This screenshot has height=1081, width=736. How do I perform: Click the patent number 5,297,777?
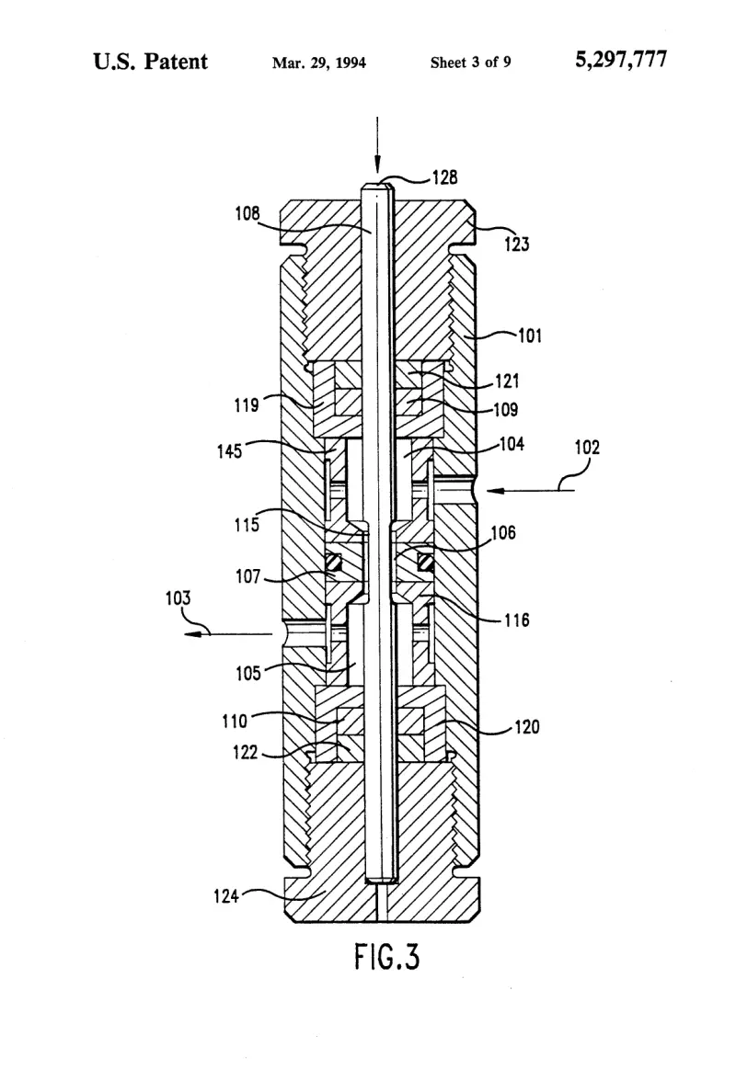[621, 60]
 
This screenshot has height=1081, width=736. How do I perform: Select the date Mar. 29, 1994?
[318, 63]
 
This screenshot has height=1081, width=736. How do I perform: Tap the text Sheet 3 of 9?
[470, 63]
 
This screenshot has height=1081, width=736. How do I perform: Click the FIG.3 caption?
[387, 956]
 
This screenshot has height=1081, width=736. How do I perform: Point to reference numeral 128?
[445, 178]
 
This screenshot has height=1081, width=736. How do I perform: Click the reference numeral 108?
[247, 213]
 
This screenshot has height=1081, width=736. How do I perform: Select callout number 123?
[517, 244]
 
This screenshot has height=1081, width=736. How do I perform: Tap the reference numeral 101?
[530, 336]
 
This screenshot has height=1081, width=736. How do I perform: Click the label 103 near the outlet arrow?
[178, 597]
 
